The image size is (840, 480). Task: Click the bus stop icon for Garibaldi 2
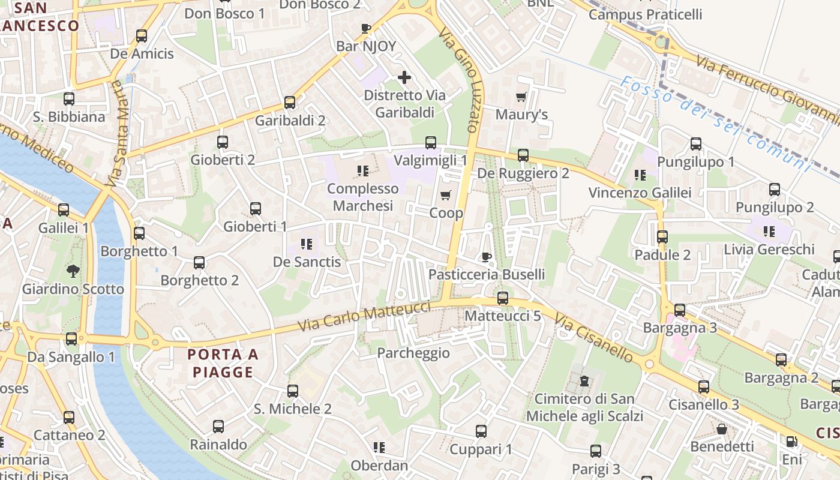290,103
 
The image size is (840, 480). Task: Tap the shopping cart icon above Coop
445,196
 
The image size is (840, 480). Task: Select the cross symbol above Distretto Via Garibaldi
404,77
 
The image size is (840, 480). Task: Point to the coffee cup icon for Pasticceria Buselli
487,257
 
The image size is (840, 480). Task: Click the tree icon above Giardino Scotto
73,271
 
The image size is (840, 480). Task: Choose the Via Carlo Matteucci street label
365,317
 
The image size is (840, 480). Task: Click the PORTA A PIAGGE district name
223,363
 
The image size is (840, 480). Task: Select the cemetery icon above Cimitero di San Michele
584,381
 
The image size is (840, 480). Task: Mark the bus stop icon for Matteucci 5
503,298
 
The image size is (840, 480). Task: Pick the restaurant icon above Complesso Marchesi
362,172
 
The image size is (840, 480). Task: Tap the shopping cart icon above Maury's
521,97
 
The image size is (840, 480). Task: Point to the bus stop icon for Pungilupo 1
696,144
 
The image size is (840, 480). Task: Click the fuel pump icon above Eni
792,442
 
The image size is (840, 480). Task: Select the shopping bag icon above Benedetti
722,429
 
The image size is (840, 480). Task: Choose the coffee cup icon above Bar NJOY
366,28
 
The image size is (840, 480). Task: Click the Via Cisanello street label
593,338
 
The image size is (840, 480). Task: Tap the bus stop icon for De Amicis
142,36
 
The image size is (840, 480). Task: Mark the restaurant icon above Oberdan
379,448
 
